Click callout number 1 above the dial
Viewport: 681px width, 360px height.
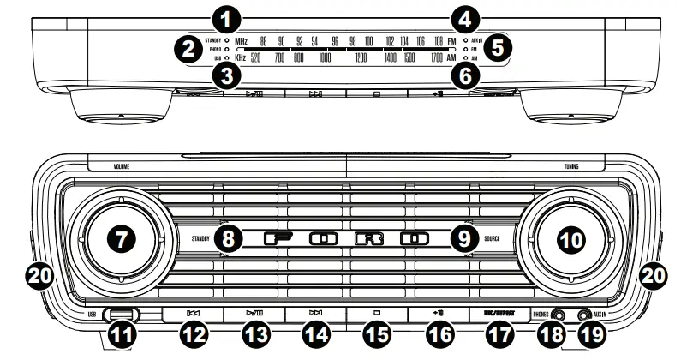click(x=225, y=15)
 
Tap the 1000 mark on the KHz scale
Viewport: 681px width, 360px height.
click(x=325, y=57)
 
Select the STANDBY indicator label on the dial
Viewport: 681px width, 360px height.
click(x=212, y=40)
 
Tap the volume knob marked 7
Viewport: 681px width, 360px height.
click(x=122, y=239)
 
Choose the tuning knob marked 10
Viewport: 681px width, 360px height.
click(x=567, y=239)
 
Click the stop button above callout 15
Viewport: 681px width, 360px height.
click(x=378, y=315)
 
